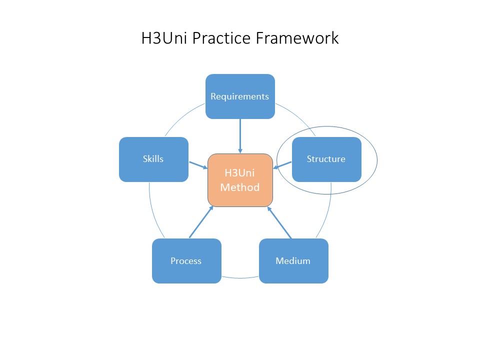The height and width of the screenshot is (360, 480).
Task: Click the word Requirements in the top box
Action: pos(239,96)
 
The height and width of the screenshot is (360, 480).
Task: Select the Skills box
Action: pos(153,159)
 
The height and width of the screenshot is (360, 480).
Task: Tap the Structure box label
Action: pos(326,159)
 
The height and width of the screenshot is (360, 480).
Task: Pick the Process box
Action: pos(186,261)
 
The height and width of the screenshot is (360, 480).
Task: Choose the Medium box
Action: pos(293,261)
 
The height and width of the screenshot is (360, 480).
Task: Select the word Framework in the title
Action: pos(298,38)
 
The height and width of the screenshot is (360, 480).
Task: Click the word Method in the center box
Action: pos(240,187)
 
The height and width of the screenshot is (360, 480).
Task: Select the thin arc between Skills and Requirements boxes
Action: pos(182,117)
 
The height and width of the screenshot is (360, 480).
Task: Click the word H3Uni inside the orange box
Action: pos(240,173)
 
